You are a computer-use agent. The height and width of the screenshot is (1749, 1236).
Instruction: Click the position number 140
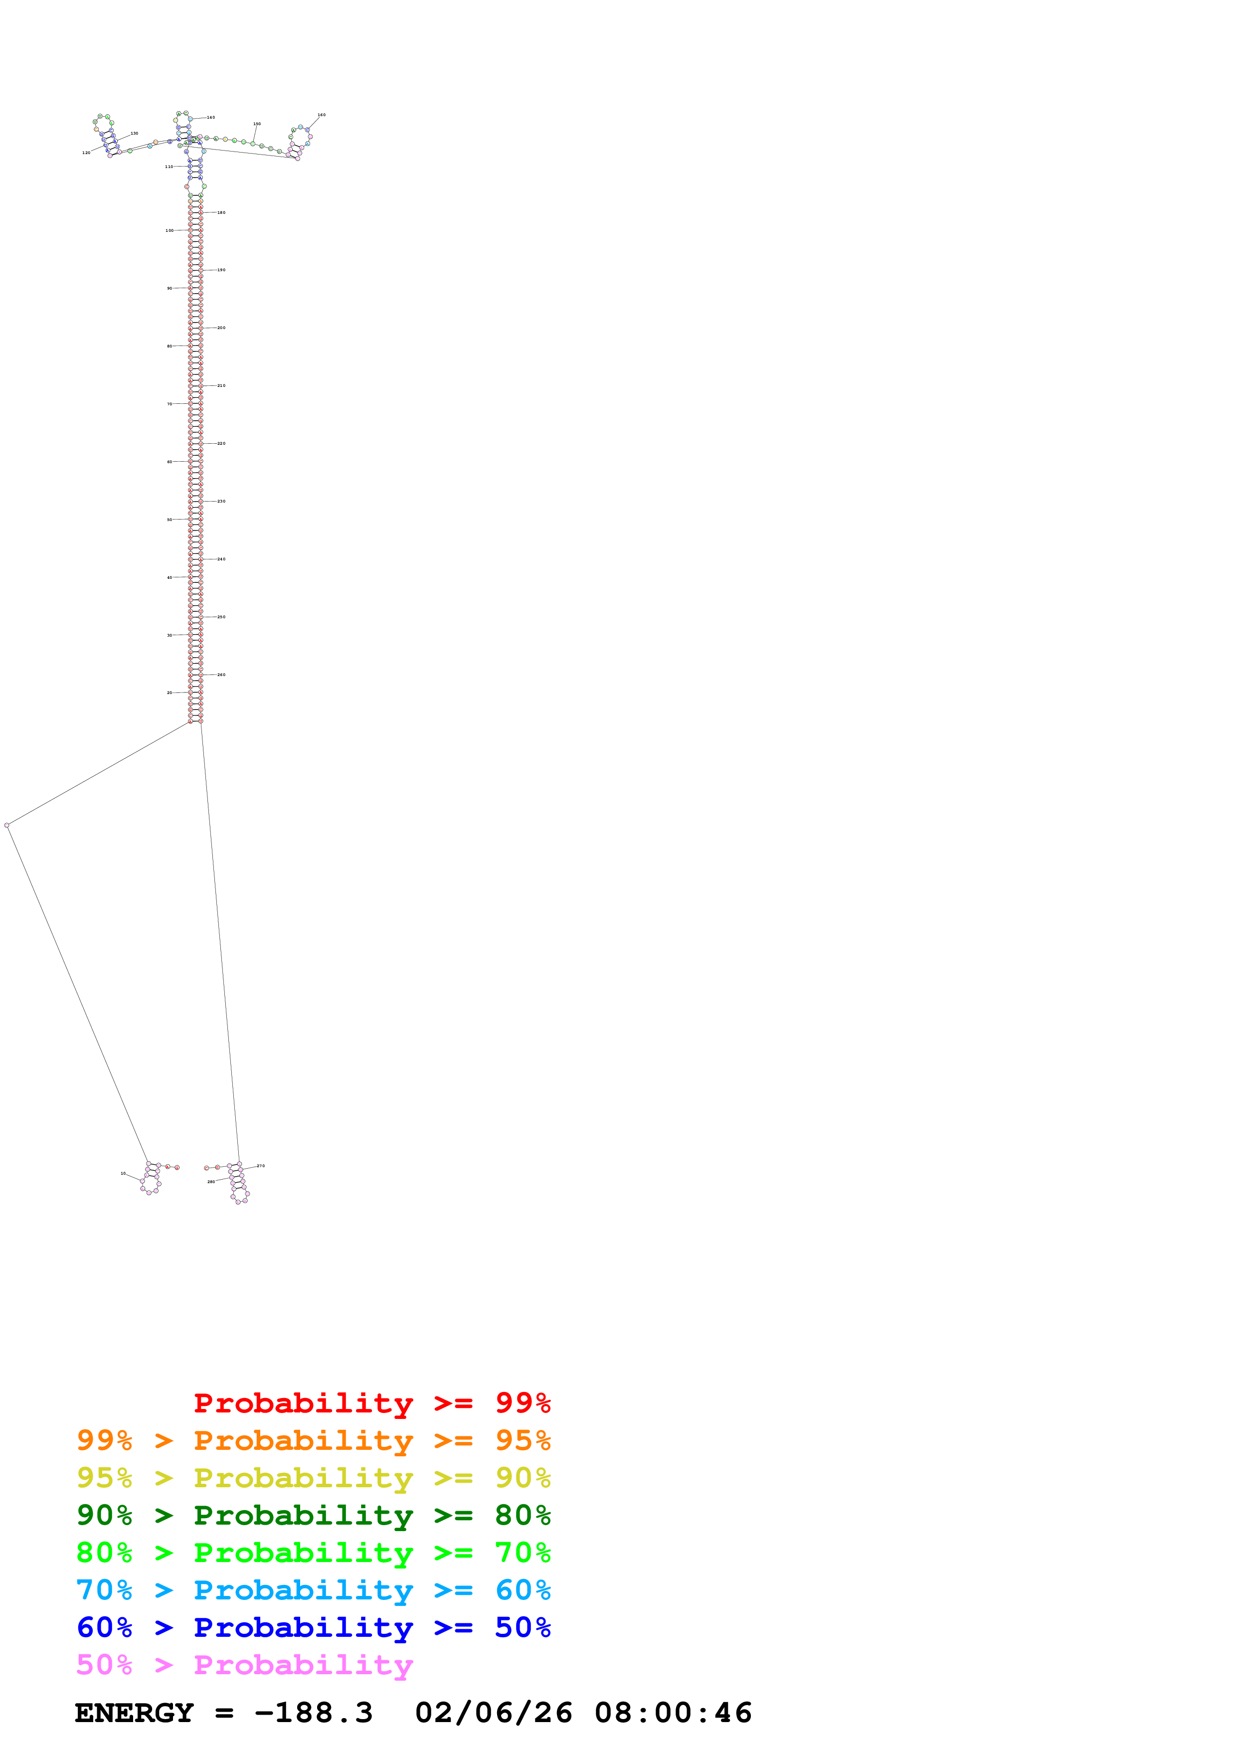(x=211, y=117)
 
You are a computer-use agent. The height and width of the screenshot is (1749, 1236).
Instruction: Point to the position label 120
(x=86, y=153)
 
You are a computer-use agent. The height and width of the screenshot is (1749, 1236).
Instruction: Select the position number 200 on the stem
(x=221, y=328)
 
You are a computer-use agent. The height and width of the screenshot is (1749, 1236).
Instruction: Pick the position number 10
(x=123, y=1173)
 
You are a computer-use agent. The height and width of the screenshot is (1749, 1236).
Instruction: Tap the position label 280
(x=211, y=1182)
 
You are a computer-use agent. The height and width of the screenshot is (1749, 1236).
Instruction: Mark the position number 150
(x=257, y=124)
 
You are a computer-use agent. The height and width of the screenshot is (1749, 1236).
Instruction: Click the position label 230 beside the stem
(x=221, y=501)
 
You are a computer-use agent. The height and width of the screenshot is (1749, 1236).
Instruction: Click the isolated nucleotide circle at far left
(x=7, y=825)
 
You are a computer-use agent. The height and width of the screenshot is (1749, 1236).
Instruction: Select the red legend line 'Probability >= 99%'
(x=371, y=1402)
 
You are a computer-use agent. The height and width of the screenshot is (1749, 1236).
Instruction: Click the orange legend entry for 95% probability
(x=313, y=1440)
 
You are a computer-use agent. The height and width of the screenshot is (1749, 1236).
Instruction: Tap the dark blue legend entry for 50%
(x=313, y=1627)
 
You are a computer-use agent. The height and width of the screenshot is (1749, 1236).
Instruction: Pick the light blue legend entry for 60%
(x=313, y=1590)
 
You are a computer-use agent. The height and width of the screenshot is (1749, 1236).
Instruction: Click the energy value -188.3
(x=313, y=1713)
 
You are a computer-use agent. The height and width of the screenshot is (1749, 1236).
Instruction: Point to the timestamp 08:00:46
(x=673, y=1713)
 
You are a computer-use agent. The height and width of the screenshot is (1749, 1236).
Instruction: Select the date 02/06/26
(x=494, y=1713)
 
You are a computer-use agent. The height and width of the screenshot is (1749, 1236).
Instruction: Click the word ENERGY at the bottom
(x=134, y=1713)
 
